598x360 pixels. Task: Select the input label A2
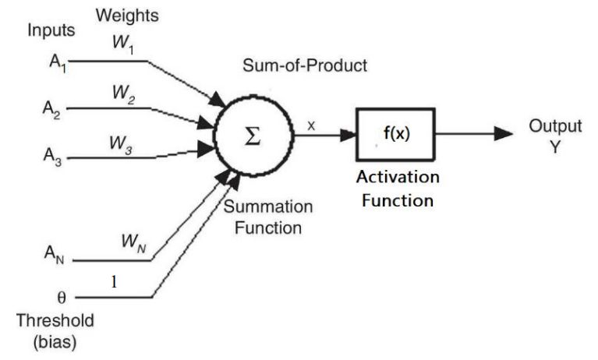[x=52, y=109]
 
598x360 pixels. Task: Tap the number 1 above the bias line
[x=115, y=283]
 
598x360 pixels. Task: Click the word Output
[x=555, y=126]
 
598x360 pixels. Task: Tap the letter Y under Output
[x=554, y=146]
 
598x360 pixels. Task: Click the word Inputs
[x=51, y=31]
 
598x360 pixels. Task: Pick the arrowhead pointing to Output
[x=504, y=134]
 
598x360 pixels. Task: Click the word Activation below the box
[x=398, y=178]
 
